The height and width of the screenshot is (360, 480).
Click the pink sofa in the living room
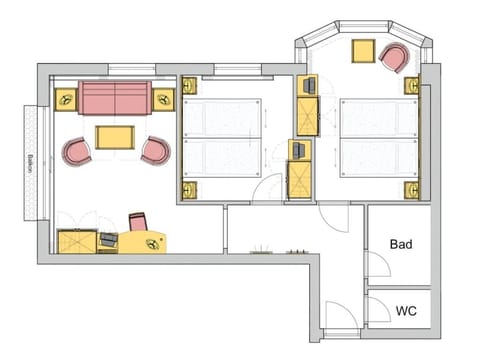(x=115, y=98)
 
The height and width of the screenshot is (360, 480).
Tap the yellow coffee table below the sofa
(x=116, y=136)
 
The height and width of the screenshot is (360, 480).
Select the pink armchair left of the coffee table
(x=77, y=152)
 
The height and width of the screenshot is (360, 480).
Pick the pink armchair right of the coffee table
(x=155, y=151)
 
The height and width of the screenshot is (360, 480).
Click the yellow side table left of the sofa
(x=66, y=99)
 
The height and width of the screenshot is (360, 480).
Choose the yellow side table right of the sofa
(x=164, y=98)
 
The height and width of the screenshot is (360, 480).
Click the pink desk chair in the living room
(x=139, y=222)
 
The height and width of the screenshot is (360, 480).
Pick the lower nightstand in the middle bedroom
(x=189, y=187)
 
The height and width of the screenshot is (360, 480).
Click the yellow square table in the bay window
(x=362, y=52)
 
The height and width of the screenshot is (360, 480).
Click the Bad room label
(x=401, y=243)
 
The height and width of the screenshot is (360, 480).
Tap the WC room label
(x=405, y=311)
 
